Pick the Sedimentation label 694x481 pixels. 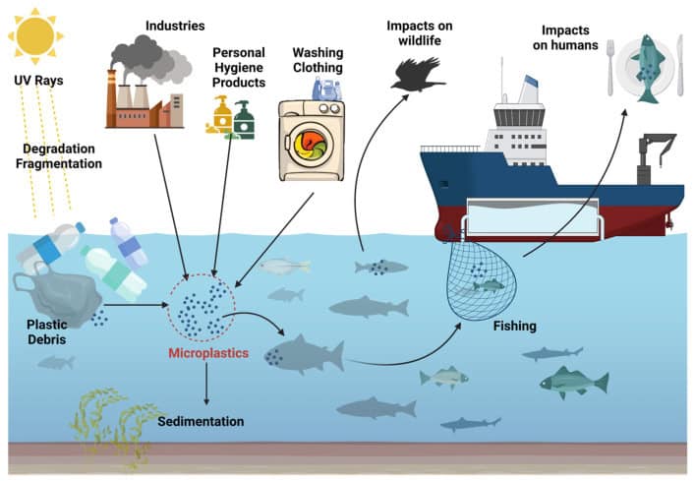coord(201,421)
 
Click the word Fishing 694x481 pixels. coord(516,324)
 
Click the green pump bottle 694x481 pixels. coord(242,120)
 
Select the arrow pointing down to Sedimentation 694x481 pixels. coord(205,384)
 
